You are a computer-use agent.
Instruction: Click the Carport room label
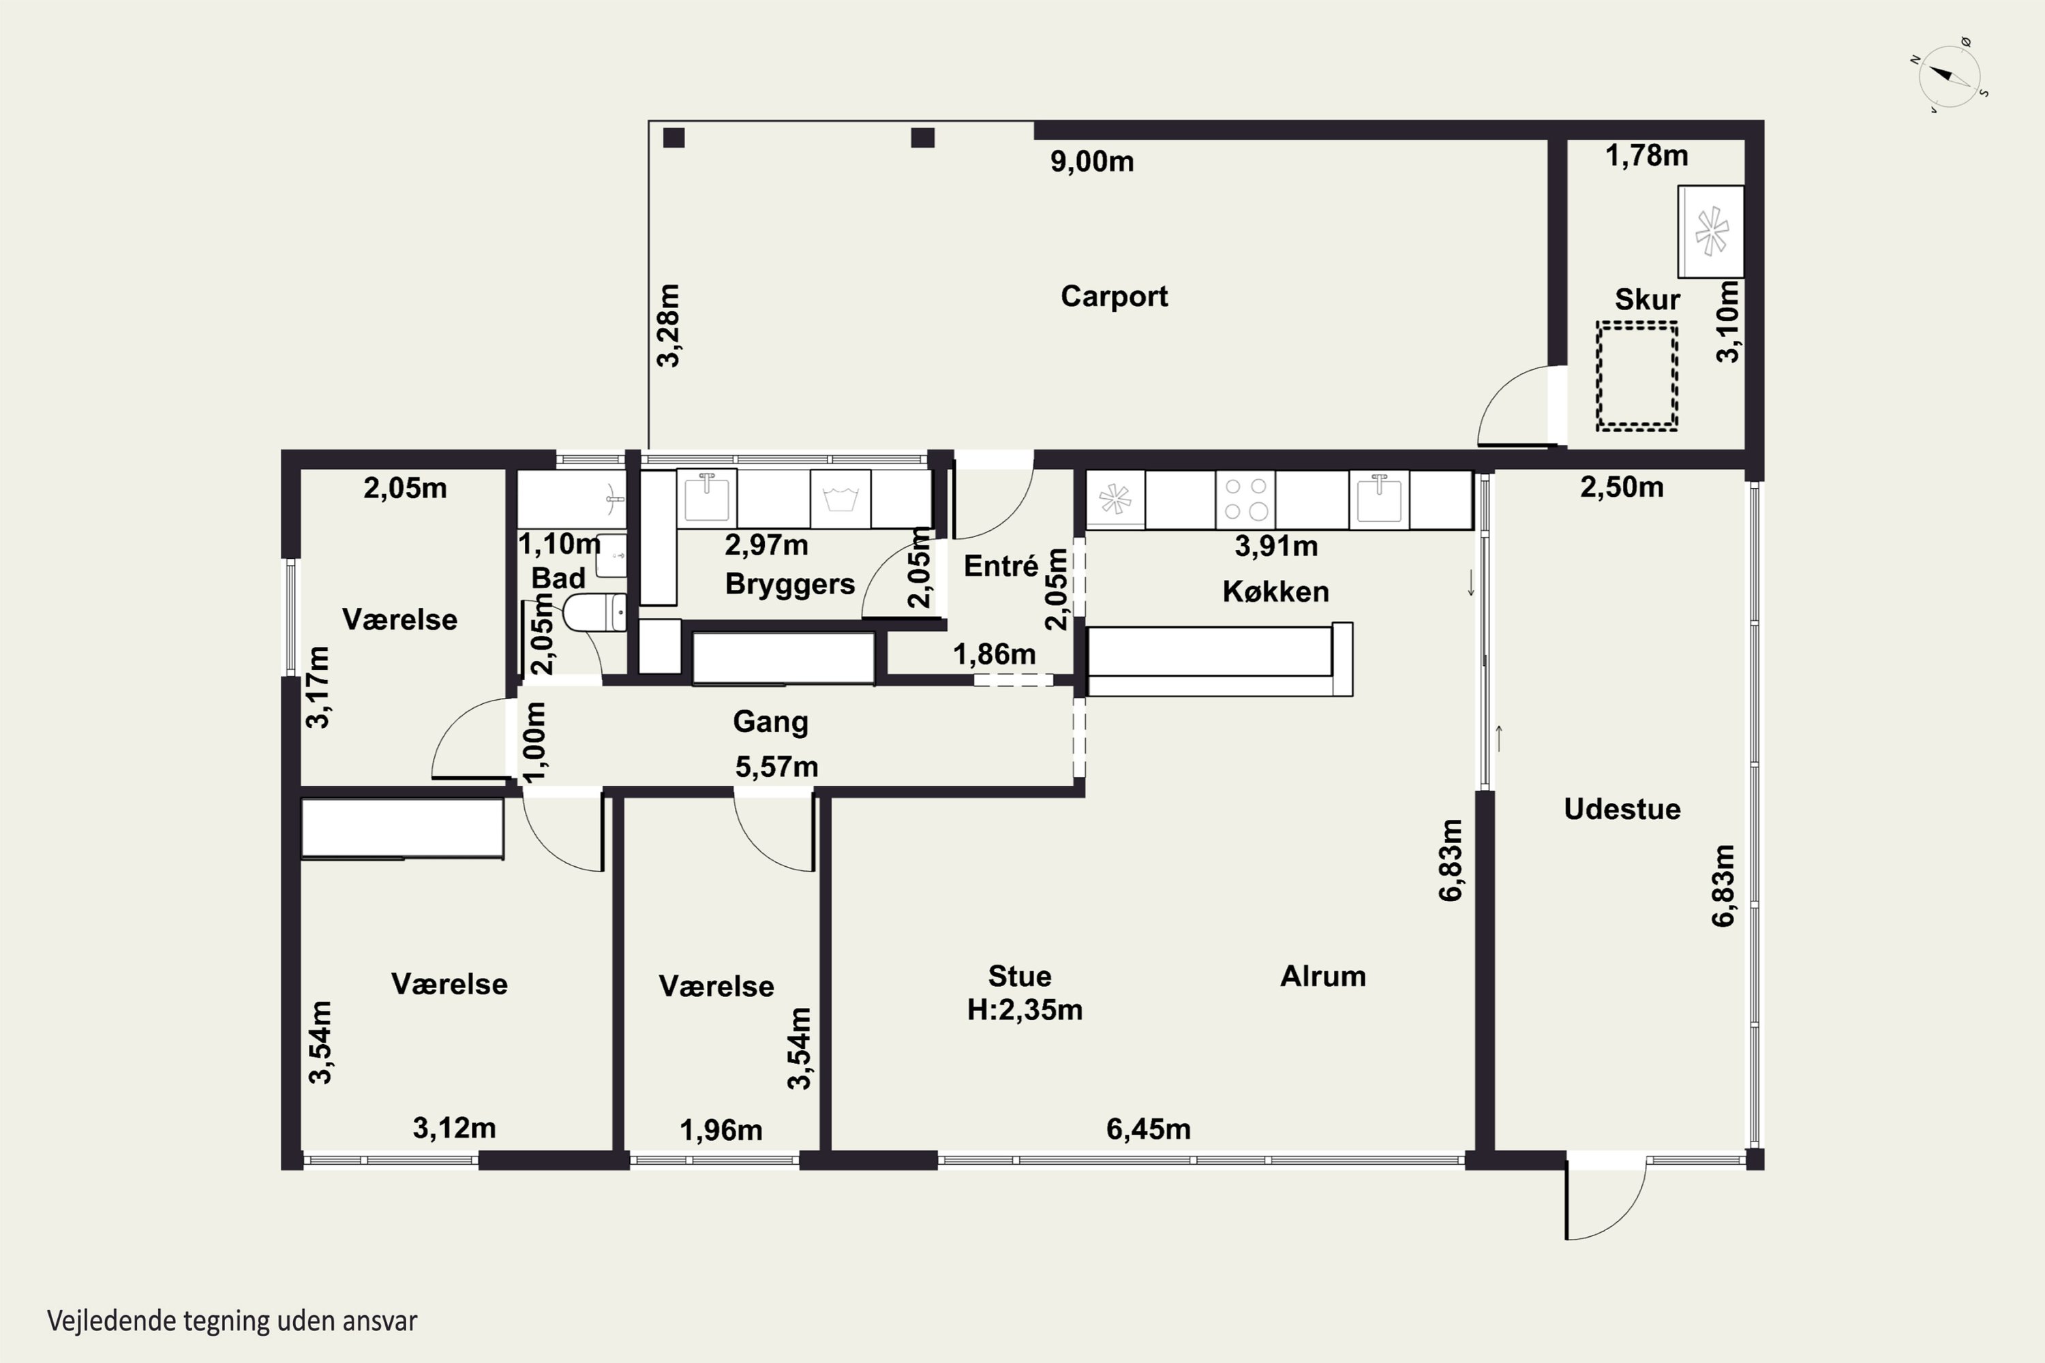click(x=1114, y=296)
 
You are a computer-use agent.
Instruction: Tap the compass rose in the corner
click(x=1950, y=76)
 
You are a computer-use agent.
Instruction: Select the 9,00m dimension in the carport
click(x=1092, y=162)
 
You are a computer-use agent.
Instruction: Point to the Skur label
click(x=1647, y=299)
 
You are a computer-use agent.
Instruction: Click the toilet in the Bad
click(x=594, y=613)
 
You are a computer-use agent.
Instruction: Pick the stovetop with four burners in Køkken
click(x=1245, y=500)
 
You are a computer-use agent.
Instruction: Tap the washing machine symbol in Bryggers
click(x=840, y=500)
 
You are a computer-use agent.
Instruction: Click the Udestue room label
click(x=1622, y=810)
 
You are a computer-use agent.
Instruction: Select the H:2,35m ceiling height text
click(x=1025, y=1010)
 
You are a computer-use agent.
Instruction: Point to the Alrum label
click(x=1322, y=976)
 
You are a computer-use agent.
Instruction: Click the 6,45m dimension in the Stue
click(x=1148, y=1129)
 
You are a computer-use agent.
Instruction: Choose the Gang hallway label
click(x=770, y=722)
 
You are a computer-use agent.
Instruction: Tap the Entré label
click(x=1001, y=566)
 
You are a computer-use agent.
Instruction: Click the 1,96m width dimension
click(x=721, y=1130)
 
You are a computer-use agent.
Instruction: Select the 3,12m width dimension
click(x=454, y=1129)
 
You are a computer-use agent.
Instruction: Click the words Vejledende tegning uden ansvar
click(x=232, y=1321)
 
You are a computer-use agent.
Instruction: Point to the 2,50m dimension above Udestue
click(x=1622, y=487)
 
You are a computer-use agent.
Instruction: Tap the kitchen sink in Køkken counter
click(x=1379, y=500)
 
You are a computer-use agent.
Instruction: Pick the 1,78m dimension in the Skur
click(x=1646, y=155)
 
